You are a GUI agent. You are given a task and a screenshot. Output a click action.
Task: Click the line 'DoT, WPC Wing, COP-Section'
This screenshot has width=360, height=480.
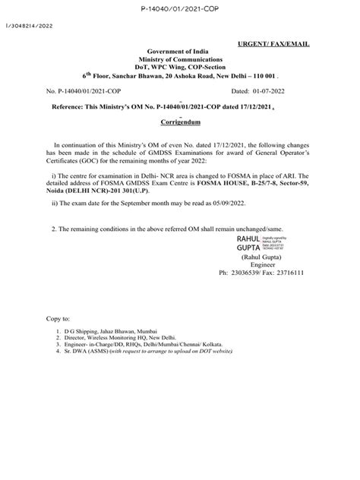180,68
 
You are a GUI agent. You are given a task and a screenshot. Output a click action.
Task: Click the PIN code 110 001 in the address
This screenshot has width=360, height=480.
265,77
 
